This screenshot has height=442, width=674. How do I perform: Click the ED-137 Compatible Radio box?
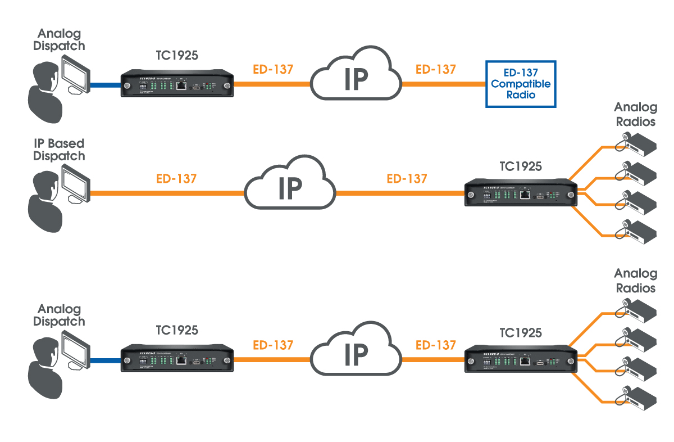[521, 85]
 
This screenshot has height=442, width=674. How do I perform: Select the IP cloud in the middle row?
[290, 189]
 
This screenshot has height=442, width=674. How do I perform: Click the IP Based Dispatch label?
[58, 150]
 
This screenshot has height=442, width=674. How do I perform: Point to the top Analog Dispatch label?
[58, 40]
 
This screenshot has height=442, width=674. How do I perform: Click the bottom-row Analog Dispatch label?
[58, 315]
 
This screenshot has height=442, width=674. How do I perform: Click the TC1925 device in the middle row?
[520, 195]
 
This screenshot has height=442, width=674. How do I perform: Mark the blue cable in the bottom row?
[103, 360]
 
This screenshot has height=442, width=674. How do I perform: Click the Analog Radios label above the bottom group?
[635, 281]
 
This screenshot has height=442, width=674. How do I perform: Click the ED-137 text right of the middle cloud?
[407, 179]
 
